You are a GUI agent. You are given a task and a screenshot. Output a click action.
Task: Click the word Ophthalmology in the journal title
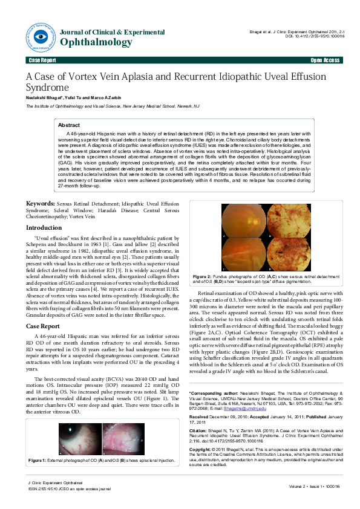(97, 42)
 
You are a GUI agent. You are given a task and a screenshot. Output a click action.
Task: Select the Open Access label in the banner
(325, 61)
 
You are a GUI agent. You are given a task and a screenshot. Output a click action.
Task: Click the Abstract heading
(68, 125)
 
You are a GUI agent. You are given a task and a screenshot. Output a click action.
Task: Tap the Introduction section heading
(44, 227)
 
